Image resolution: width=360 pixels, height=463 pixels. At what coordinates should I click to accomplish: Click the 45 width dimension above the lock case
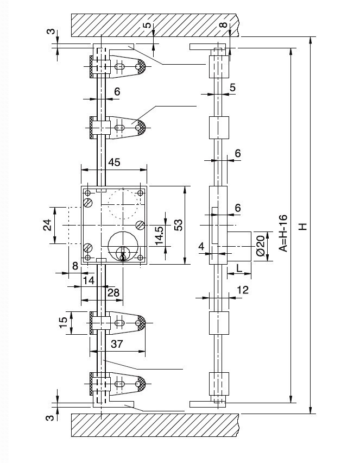(x=115, y=162)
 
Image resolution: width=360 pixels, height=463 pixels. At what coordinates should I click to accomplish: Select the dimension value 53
(x=176, y=225)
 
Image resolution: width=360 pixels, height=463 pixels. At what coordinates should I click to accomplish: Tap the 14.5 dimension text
(x=159, y=236)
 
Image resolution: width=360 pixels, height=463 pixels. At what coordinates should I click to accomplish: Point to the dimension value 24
(x=47, y=225)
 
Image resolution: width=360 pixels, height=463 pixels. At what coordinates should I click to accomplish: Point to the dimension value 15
(x=64, y=322)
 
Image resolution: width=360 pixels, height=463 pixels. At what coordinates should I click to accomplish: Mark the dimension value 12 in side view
(x=242, y=290)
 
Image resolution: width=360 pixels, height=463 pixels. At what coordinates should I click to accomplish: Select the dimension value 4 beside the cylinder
(x=201, y=247)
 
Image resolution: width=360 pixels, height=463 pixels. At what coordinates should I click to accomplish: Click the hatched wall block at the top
(x=155, y=24)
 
